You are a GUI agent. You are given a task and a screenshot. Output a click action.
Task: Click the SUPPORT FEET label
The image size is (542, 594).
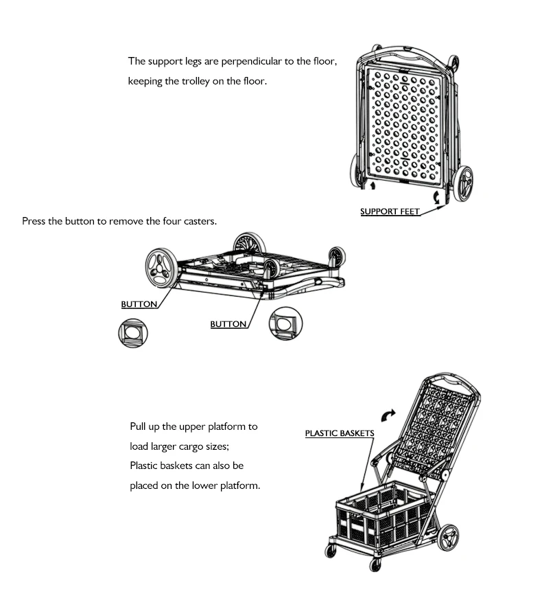(x=390, y=212)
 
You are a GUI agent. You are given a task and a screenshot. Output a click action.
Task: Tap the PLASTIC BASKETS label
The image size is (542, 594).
(x=340, y=433)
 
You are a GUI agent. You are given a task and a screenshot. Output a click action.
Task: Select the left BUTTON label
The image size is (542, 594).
(x=139, y=304)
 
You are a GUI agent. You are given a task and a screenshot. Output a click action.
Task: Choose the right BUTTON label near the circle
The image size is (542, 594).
(x=228, y=324)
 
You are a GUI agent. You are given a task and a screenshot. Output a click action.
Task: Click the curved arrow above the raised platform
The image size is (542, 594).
(x=388, y=414)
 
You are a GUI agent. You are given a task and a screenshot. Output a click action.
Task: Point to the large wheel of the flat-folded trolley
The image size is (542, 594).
(x=163, y=268)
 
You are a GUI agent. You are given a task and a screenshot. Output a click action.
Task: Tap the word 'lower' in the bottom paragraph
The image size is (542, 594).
(x=216, y=486)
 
